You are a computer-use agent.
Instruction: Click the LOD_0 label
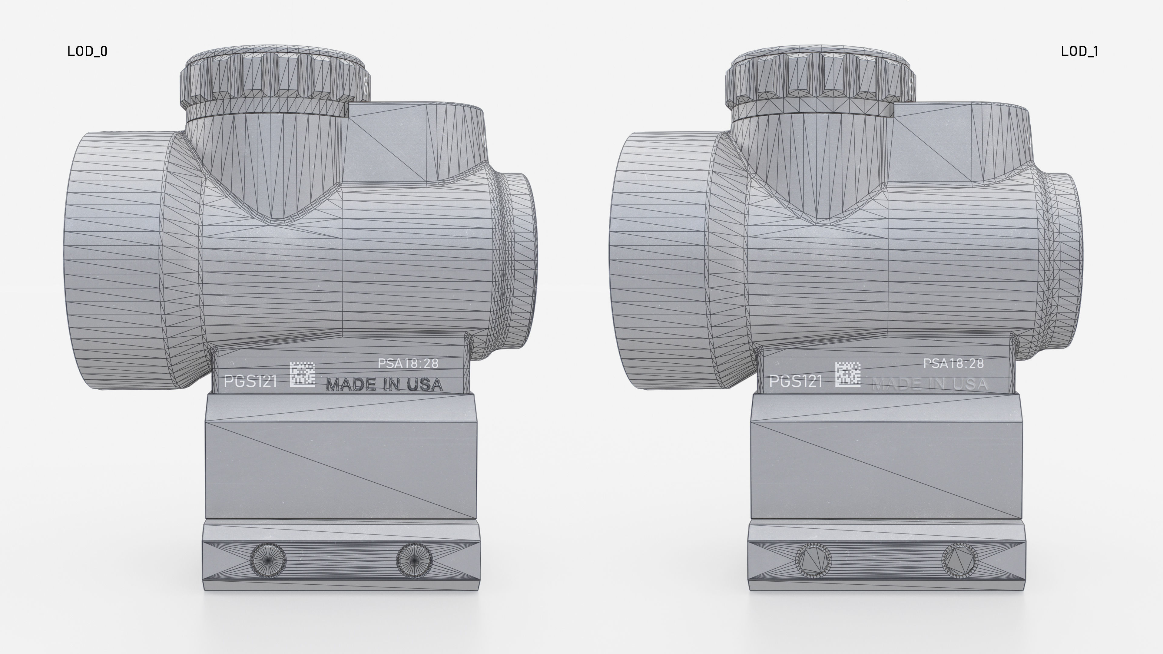[87, 51]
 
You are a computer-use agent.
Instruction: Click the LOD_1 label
[1079, 51]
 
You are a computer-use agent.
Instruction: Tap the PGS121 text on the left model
[250, 382]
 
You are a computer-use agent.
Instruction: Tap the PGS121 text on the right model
[796, 382]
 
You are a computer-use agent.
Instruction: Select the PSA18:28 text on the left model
[408, 363]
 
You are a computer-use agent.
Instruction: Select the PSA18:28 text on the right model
[953, 363]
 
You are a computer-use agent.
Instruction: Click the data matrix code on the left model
[302, 374]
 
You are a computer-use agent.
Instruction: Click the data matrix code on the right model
[847, 374]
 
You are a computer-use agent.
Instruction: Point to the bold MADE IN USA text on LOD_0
[384, 385]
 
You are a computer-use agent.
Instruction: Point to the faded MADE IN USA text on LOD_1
[929, 385]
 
